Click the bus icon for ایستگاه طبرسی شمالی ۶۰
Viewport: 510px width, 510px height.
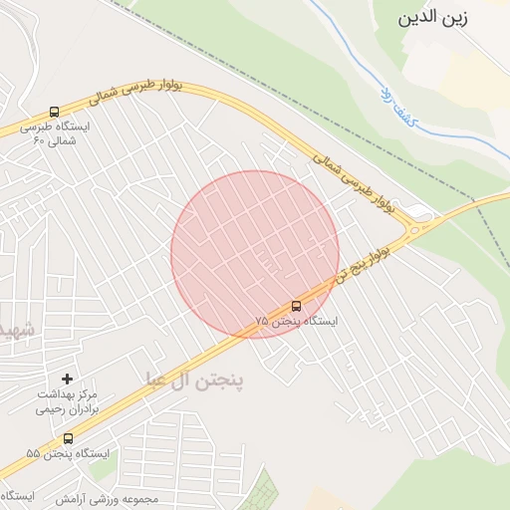point(54,112)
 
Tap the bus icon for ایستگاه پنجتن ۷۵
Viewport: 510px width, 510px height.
point(296,305)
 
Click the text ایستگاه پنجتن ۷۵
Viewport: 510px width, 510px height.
point(296,322)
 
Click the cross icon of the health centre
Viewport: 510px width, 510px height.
point(67,379)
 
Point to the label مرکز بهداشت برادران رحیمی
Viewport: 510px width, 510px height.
point(78,401)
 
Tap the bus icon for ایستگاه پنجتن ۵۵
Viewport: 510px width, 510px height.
point(68,438)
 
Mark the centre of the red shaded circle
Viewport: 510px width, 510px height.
point(255,255)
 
